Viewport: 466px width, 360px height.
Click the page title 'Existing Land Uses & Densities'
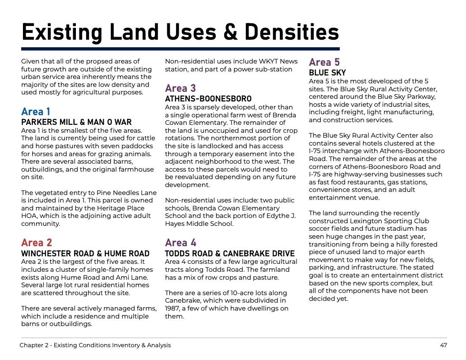(180, 32)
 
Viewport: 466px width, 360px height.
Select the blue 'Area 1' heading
(36, 112)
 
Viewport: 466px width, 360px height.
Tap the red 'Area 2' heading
(37, 243)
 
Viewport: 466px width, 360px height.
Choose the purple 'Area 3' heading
(180, 88)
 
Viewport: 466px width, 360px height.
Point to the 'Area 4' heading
(181, 243)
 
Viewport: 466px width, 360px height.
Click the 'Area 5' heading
(324, 62)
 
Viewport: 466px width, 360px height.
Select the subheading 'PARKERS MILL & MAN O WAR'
(76, 122)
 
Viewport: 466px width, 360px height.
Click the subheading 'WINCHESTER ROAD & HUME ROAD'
(86, 254)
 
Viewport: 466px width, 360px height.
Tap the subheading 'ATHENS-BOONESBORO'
(208, 98)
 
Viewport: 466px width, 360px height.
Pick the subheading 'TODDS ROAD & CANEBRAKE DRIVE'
(230, 254)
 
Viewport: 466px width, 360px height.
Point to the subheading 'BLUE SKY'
(327, 73)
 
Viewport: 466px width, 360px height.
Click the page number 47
(443, 345)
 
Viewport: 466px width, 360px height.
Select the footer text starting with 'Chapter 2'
(95, 345)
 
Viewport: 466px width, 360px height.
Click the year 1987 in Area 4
(173, 308)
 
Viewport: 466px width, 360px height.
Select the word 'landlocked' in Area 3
(204, 146)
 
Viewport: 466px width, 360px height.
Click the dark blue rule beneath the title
(180, 49)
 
